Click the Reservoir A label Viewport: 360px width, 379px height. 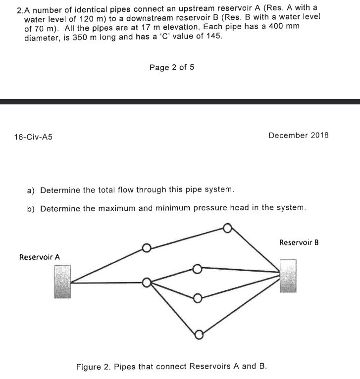point(39,257)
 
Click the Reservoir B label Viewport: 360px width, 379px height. point(299,242)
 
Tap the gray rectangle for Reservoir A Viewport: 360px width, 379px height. point(62,282)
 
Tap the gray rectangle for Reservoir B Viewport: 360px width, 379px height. point(288,276)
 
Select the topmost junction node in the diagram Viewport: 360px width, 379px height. point(227,228)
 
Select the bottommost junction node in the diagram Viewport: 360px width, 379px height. point(199,335)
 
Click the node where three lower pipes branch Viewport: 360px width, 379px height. point(147,283)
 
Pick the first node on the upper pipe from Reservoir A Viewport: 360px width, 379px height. point(146,248)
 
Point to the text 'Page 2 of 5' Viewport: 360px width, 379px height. point(172,67)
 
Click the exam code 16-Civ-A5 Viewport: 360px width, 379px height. point(34,137)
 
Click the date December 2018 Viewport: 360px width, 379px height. point(298,135)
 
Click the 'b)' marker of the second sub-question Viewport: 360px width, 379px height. point(31,208)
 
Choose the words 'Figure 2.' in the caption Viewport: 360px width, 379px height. point(93,367)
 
